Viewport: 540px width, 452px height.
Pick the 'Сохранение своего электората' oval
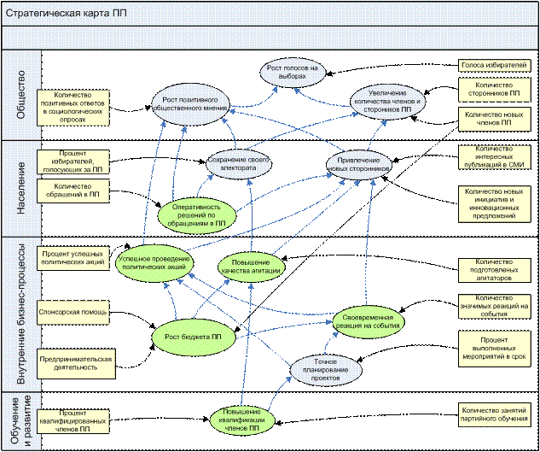(239, 163)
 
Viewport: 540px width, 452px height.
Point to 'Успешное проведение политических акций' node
(154, 261)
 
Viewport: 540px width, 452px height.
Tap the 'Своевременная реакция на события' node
(367, 320)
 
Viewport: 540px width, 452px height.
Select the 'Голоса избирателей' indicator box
(495, 64)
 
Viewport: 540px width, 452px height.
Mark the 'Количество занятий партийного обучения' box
(495, 415)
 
